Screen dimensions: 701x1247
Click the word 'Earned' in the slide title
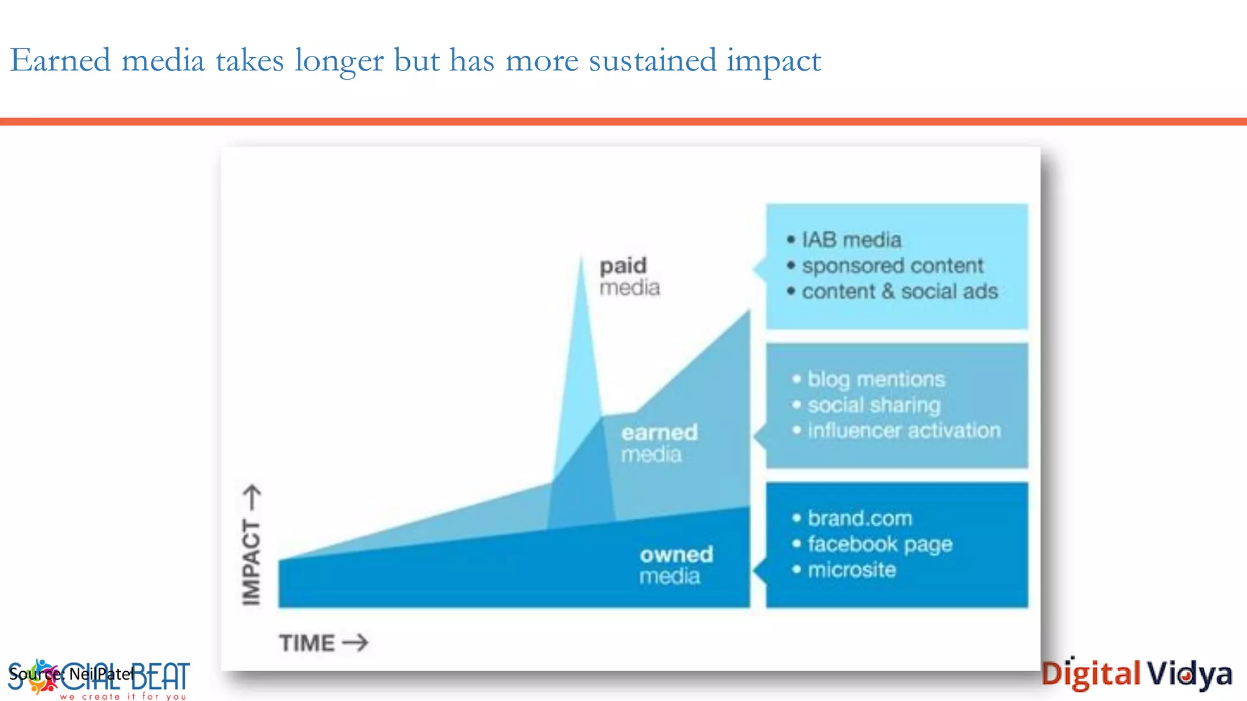[x=60, y=61]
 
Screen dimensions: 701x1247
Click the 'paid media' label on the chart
[x=629, y=276]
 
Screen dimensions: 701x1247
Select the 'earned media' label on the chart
[x=659, y=443]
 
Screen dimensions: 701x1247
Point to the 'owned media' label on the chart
[x=676, y=565]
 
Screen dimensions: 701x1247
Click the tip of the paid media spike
[x=581, y=259]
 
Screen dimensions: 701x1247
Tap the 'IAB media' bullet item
[x=851, y=240]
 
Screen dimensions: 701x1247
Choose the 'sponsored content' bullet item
[x=892, y=266]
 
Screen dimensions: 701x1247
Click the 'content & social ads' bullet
[x=899, y=291]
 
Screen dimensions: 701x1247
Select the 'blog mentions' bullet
[x=876, y=379]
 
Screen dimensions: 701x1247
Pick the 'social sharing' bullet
[x=874, y=405]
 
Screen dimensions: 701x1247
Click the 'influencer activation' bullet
[x=904, y=431]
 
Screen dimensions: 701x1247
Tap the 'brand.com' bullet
[x=859, y=518]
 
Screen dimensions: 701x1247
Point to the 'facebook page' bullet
[x=879, y=544]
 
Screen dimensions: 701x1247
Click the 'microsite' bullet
[x=851, y=570]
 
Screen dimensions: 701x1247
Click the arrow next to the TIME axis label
[x=356, y=643]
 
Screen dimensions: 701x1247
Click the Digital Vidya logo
[x=1136, y=674]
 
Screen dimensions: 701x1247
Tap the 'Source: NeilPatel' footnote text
[x=71, y=674]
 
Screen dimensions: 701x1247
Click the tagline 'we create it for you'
[x=122, y=696]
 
